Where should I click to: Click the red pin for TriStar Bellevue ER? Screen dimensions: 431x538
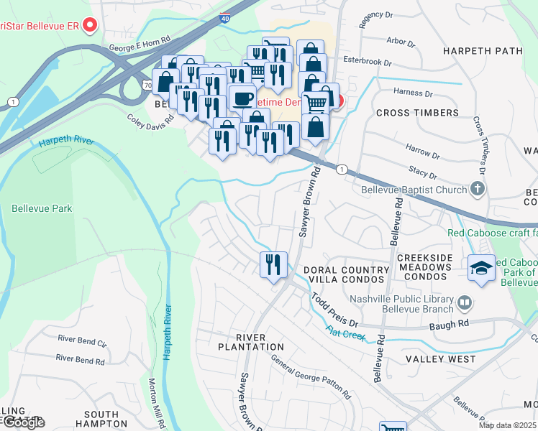(x=90, y=26)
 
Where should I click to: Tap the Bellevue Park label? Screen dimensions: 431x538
(x=42, y=208)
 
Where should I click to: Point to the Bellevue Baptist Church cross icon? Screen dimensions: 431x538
(x=476, y=189)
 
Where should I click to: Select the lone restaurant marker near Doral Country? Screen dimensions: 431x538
(x=273, y=264)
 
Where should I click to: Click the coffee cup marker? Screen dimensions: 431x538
(x=242, y=98)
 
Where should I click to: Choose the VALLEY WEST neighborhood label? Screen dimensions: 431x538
(x=440, y=358)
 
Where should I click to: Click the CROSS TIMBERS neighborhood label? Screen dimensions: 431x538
(x=417, y=113)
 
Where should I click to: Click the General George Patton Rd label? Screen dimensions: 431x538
(x=311, y=379)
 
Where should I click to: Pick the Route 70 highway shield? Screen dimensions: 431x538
(x=148, y=84)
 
